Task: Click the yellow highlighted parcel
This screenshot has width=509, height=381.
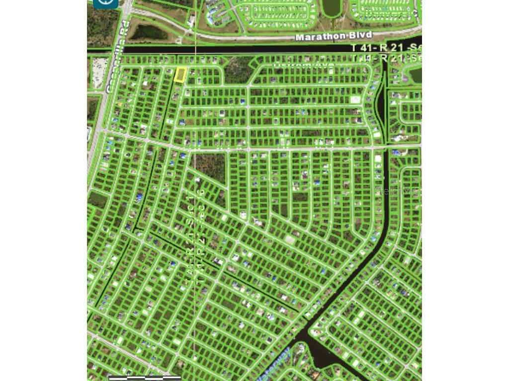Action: [180, 75]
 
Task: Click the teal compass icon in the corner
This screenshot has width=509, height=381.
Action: [106, 3]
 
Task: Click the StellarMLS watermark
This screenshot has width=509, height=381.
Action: [398, 190]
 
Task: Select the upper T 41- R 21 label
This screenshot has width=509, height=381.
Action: [386, 48]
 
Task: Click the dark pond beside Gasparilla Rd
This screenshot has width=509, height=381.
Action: [149, 32]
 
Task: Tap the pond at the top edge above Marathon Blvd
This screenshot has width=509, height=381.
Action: [330, 6]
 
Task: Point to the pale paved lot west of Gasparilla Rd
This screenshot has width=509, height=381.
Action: [100, 66]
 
